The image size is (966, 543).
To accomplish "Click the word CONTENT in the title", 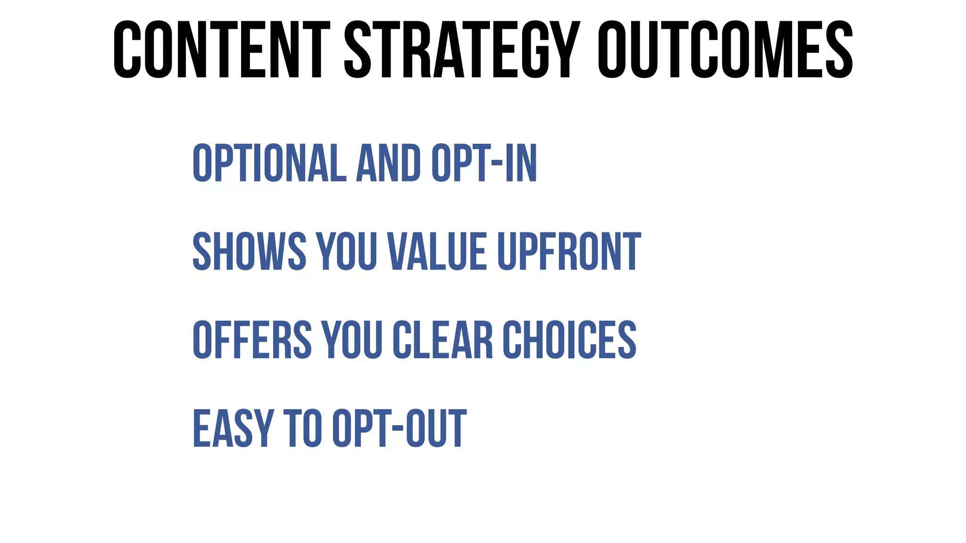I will tap(221, 50).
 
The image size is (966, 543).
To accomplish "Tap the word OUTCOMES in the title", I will tap(725, 50).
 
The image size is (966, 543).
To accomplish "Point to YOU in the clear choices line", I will tap(351, 340).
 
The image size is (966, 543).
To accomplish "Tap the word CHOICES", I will tap(569, 340).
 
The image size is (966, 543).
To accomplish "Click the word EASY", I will tap(233, 428).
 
